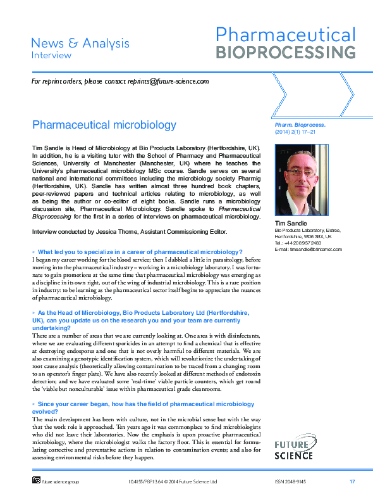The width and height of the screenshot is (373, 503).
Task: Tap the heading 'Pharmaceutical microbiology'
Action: (x=104, y=124)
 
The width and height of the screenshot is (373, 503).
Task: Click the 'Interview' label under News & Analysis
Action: (x=52, y=55)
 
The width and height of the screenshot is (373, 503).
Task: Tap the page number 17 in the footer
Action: (x=352, y=482)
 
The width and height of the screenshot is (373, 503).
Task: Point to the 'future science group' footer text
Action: (x=61, y=482)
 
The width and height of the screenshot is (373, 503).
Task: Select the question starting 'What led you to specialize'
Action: (x=140, y=252)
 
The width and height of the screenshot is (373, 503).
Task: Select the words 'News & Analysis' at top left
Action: (x=80, y=43)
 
